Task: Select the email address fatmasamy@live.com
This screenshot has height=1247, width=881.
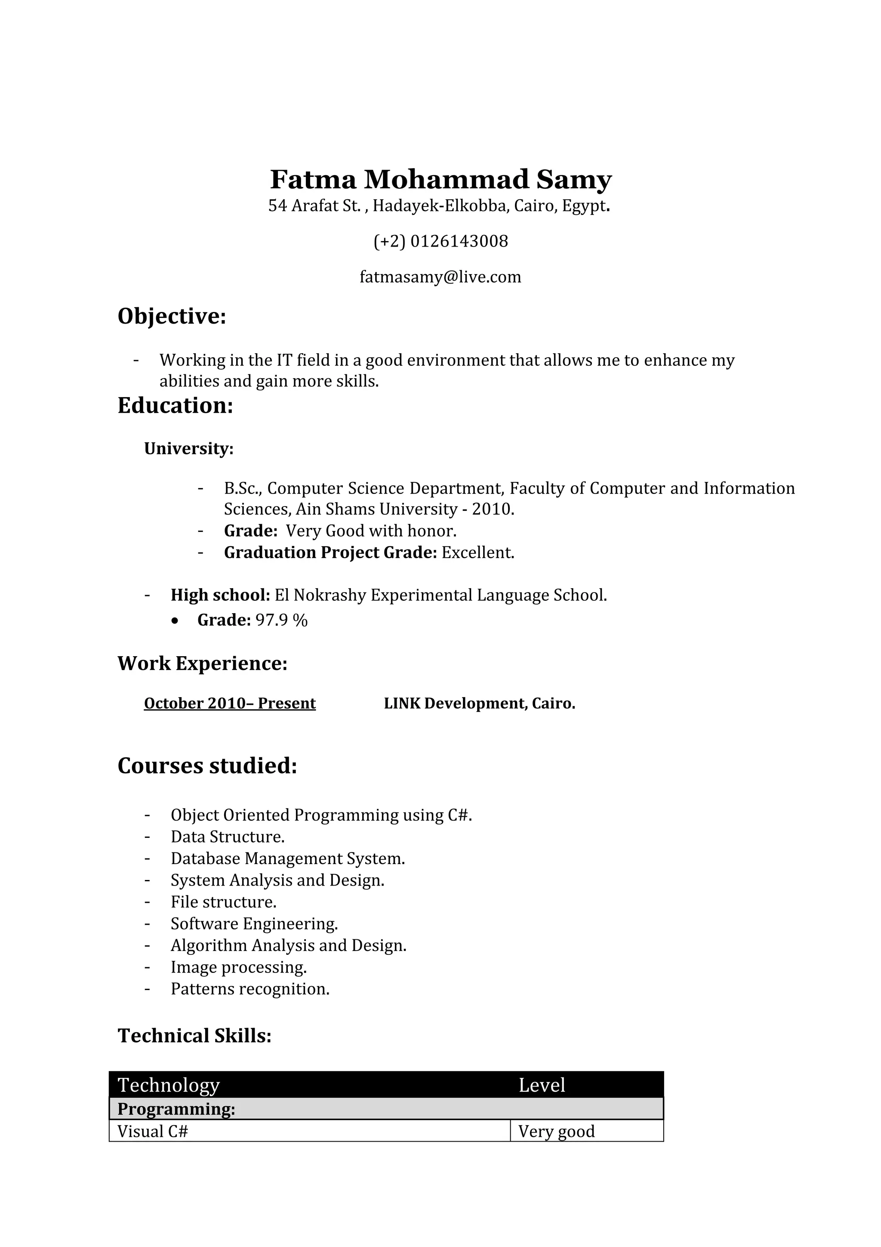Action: click(x=440, y=277)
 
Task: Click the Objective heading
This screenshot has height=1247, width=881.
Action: click(x=172, y=316)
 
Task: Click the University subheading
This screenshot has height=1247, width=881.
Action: click(x=188, y=449)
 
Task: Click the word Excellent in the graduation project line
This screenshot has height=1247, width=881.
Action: click(x=477, y=553)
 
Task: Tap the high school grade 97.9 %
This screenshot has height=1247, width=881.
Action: click(x=281, y=620)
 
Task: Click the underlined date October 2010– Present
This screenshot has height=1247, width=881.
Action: click(x=230, y=704)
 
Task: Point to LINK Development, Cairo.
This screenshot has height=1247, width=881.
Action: click(x=479, y=704)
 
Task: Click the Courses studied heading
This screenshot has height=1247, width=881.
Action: click(x=207, y=766)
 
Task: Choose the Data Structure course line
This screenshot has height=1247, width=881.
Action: click(x=228, y=837)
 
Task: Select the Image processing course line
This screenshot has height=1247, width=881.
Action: click(x=239, y=967)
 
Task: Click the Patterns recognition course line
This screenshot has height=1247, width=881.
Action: click(x=250, y=989)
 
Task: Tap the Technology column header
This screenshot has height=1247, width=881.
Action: click(x=169, y=1085)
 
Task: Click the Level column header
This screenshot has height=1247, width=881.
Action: click(x=542, y=1085)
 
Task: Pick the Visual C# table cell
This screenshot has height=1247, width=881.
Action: click(x=153, y=1131)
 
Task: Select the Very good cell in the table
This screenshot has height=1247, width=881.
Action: click(x=556, y=1131)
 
